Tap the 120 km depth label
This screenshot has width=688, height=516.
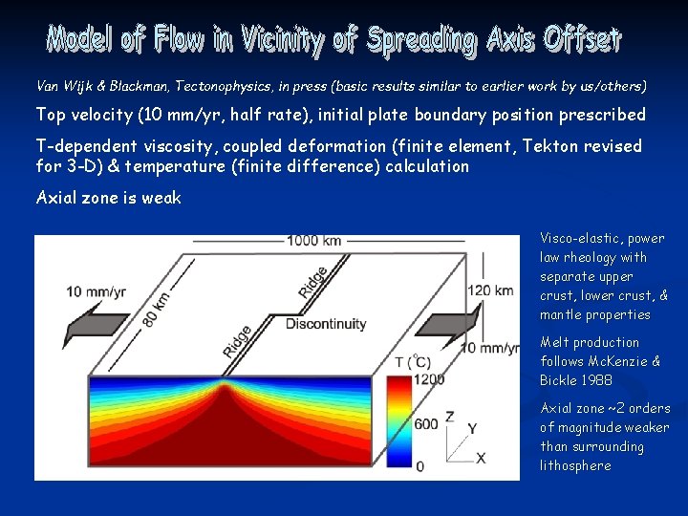(x=490, y=290)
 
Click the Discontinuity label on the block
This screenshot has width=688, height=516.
(x=325, y=324)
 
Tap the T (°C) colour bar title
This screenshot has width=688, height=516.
(x=413, y=361)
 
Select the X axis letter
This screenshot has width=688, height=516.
(x=480, y=459)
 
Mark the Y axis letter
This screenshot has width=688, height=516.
(x=472, y=428)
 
